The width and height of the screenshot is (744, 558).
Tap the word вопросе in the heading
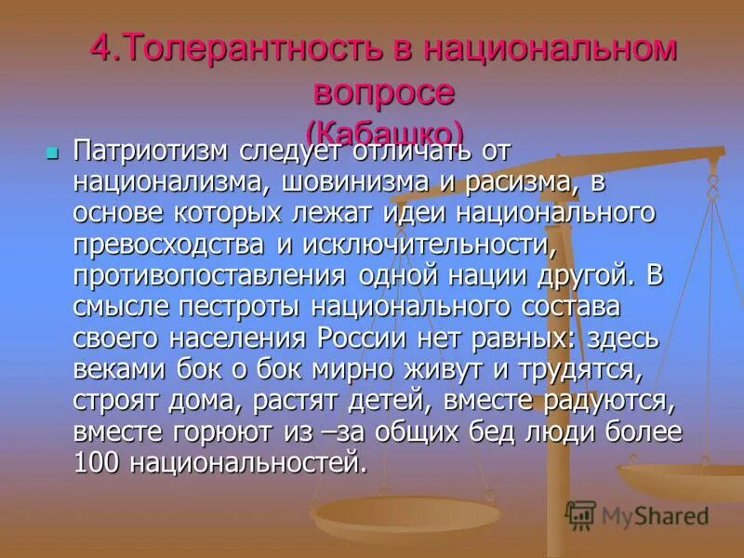point(383,91)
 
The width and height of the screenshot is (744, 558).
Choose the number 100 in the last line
point(97,463)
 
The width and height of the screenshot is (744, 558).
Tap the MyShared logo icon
point(580,513)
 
